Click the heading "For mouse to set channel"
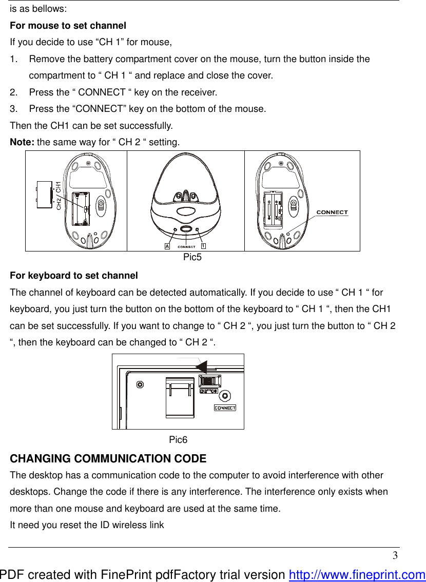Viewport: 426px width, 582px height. coord(68,25)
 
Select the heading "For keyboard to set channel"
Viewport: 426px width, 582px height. coord(74,276)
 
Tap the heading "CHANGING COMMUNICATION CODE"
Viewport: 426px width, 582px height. coord(108,458)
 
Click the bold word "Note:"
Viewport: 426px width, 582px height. coord(23,142)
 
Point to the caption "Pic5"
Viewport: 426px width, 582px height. coord(192,257)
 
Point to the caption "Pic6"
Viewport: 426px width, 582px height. coord(178,440)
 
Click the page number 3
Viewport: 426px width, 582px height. coord(395,556)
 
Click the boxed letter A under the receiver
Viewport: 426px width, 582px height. coord(167,246)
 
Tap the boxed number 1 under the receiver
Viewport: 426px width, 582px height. coord(203,246)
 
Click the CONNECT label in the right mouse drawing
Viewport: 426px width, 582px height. coord(332,212)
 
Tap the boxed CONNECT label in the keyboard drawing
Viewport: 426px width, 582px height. coord(225,408)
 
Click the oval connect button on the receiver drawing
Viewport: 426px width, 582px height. coord(186,229)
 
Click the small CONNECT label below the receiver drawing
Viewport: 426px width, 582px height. coord(186,247)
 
